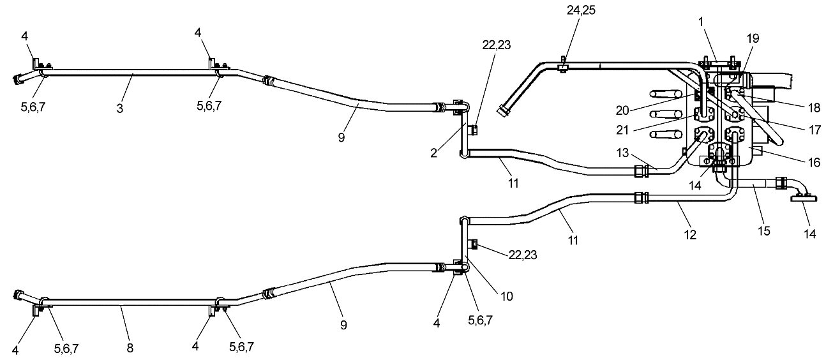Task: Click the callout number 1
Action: click(701, 22)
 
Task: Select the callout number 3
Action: click(120, 109)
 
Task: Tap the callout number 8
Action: click(130, 349)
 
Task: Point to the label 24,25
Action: click(581, 10)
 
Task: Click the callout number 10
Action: click(507, 296)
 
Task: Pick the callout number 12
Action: click(690, 235)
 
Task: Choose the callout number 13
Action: click(622, 153)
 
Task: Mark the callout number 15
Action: click(764, 231)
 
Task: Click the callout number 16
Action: click(814, 163)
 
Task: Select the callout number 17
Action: click(814, 130)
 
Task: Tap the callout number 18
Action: click(814, 108)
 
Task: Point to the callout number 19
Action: click(753, 38)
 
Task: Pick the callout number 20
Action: click(622, 110)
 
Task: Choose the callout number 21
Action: click(622, 130)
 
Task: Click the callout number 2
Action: click(433, 153)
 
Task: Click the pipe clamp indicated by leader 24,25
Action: click(562, 67)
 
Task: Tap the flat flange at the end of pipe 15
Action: click(804, 199)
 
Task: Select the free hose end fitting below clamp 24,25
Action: click(504, 110)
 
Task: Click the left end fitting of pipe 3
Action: click(18, 79)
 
